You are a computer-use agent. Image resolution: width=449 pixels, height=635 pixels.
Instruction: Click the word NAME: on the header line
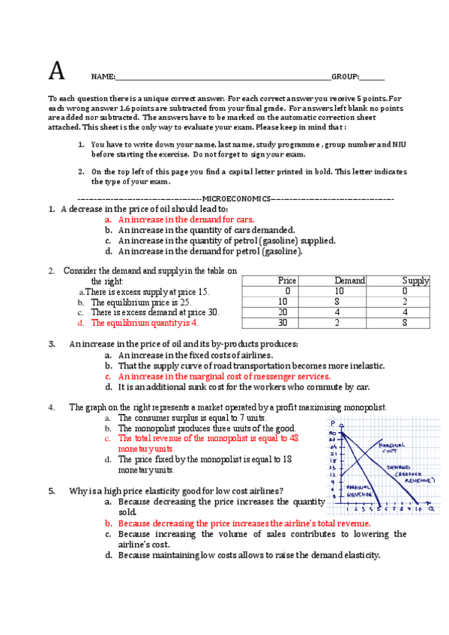(x=103, y=77)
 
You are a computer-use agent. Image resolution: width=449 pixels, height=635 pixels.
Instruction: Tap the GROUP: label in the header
(x=346, y=77)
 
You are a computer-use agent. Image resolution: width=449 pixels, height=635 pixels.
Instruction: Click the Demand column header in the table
(x=349, y=281)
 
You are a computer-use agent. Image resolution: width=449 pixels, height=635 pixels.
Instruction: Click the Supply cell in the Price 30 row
(x=405, y=323)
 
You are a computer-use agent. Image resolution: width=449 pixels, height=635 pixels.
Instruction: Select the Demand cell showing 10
(x=339, y=291)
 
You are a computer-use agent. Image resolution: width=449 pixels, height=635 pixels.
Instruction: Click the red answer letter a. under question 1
(x=108, y=220)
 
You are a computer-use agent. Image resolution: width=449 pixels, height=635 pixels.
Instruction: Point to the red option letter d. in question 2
(x=80, y=323)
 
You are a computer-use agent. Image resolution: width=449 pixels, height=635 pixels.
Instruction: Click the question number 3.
(x=52, y=344)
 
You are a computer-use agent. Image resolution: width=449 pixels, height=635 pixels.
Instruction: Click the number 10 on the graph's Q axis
(x=419, y=508)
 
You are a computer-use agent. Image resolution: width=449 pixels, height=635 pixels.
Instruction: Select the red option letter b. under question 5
(x=108, y=523)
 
